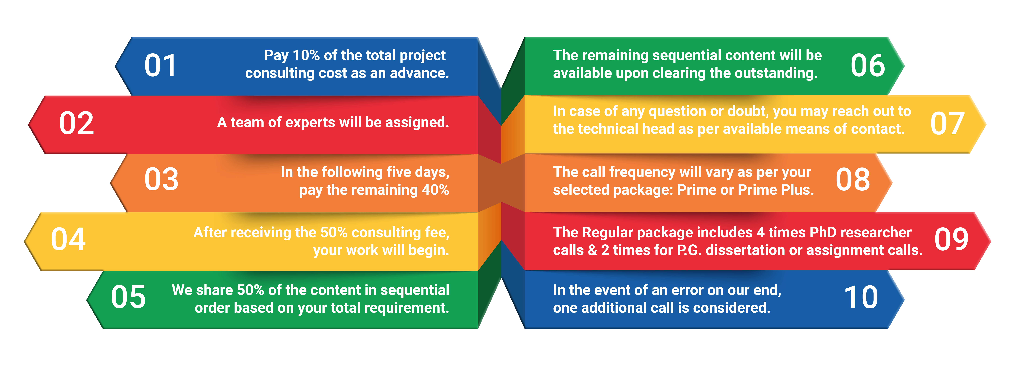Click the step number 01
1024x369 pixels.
(x=160, y=66)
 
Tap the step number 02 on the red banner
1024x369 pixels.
(x=77, y=123)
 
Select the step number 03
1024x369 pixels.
(x=161, y=179)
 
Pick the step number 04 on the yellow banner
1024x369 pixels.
(x=68, y=239)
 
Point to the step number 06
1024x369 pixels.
(x=868, y=66)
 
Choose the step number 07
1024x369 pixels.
(x=947, y=123)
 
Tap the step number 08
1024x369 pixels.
(x=853, y=179)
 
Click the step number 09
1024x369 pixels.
(x=951, y=239)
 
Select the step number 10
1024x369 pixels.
(x=861, y=297)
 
